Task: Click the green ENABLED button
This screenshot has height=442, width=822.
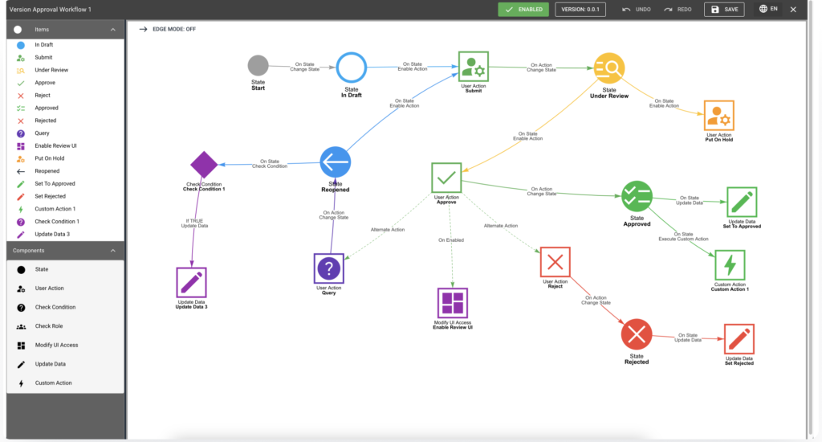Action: pyautogui.click(x=523, y=10)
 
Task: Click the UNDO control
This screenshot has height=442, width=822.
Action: pyautogui.click(x=637, y=10)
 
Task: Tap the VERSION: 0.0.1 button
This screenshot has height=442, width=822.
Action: pyautogui.click(x=580, y=10)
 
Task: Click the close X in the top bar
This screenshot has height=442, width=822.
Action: pyautogui.click(x=793, y=10)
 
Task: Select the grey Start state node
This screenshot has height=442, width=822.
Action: pyautogui.click(x=258, y=66)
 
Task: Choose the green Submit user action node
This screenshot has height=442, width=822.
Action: pyautogui.click(x=474, y=67)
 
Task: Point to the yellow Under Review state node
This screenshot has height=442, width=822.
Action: pyautogui.click(x=609, y=68)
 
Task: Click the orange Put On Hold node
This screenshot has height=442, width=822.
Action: pyautogui.click(x=718, y=116)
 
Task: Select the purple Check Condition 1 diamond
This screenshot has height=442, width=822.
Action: pyautogui.click(x=204, y=165)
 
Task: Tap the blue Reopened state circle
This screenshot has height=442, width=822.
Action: pyautogui.click(x=336, y=162)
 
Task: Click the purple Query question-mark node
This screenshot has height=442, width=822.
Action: pyautogui.click(x=328, y=268)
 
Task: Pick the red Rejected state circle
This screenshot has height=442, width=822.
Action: pyautogui.click(x=637, y=334)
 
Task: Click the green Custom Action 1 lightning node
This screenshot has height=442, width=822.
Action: pyautogui.click(x=730, y=266)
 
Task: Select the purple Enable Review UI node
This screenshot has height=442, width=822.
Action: pyautogui.click(x=453, y=304)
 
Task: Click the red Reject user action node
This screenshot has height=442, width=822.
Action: pyautogui.click(x=555, y=262)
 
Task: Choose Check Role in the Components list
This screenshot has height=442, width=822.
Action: pyautogui.click(x=49, y=326)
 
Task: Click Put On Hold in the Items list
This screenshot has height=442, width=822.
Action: pyautogui.click(x=50, y=158)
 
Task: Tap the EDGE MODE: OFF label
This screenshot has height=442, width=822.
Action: pyautogui.click(x=174, y=30)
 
